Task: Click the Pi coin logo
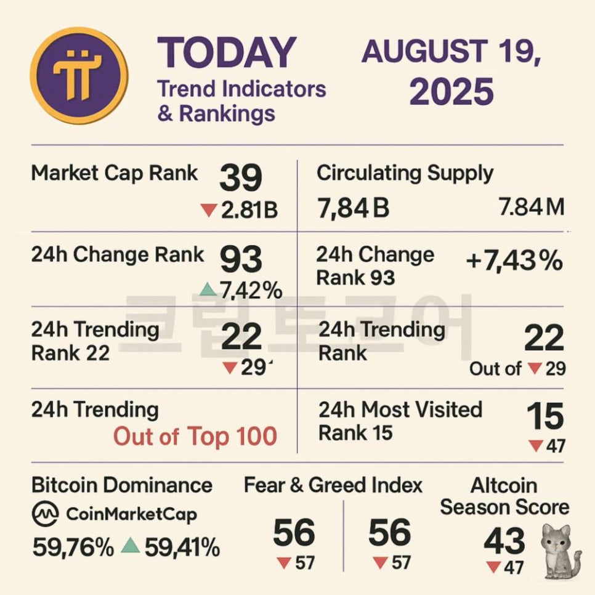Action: click(x=79, y=76)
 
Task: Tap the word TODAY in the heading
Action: click(x=227, y=53)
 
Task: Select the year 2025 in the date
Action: click(x=451, y=91)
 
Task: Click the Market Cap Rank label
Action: click(x=115, y=173)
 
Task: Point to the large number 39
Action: click(x=241, y=178)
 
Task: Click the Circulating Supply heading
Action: click(x=405, y=173)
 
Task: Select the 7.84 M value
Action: click(x=532, y=208)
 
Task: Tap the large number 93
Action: click(x=241, y=259)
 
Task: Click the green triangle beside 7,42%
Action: click(x=209, y=288)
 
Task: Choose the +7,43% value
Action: click(x=514, y=261)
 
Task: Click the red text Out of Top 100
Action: click(x=195, y=437)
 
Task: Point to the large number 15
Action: click(x=544, y=416)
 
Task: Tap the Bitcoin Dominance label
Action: click(x=122, y=485)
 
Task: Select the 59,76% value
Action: click(x=73, y=546)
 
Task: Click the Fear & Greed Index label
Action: click(x=333, y=485)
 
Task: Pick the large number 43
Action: click(x=504, y=542)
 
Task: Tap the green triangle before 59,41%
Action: click(x=129, y=545)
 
